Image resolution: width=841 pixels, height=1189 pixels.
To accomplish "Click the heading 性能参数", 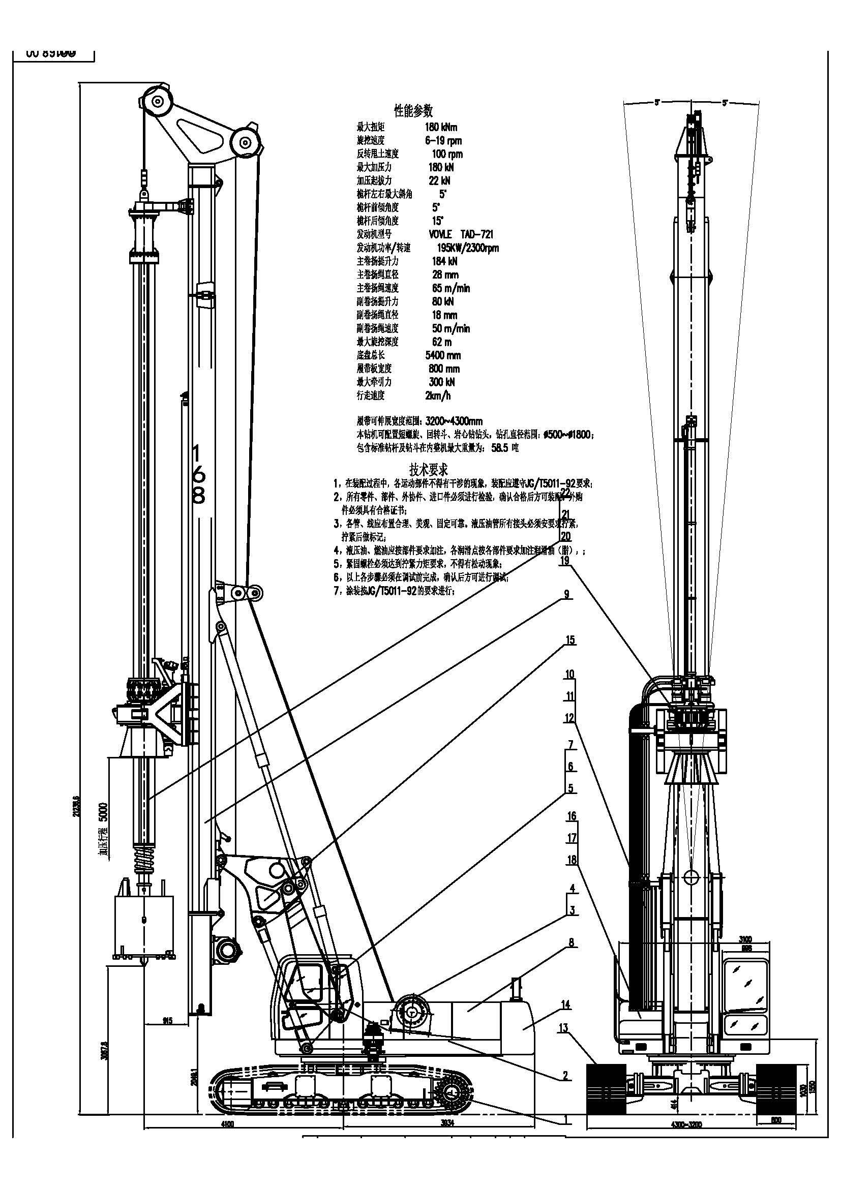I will click(x=413, y=110).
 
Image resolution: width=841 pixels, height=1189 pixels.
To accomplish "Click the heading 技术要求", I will click(x=428, y=470).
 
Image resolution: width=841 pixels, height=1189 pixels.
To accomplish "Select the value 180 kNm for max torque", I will click(x=441, y=127).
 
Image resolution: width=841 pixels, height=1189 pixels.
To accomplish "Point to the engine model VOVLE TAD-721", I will click(x=461, y=234).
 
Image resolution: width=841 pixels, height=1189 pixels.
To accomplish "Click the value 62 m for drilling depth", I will click(x=442, y=342).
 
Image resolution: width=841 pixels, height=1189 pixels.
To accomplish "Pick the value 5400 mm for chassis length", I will click(x=443, y=355).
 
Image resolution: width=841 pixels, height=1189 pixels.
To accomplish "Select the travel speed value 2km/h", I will click(x=438, y=395).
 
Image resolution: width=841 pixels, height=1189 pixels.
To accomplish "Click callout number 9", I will click(x=566, y=594).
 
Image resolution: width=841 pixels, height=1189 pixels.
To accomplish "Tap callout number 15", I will click(x=569, y=640).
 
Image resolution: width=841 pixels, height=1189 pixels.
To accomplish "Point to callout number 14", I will click(x=565, y=1004).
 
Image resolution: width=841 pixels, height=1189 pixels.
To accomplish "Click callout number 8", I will click(x=571, y=942).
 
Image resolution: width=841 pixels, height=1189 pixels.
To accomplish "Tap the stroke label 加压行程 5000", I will click(x=104, y=830).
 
